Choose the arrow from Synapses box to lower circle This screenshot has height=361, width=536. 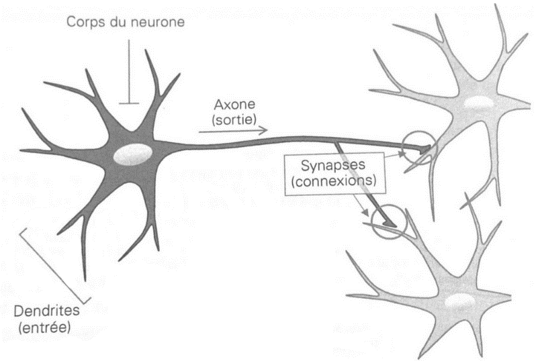point(363,205)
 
